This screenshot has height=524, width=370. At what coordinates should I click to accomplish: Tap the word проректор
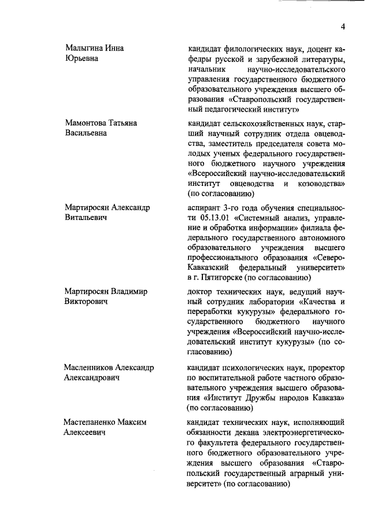click(326, 367)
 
